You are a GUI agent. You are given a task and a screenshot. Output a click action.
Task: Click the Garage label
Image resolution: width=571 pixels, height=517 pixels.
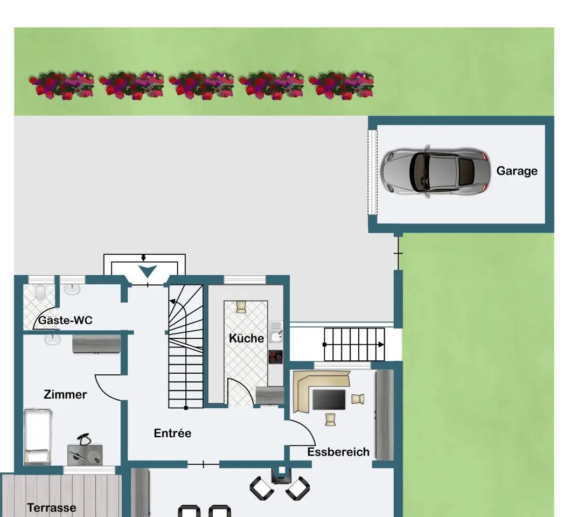tap(517, 171)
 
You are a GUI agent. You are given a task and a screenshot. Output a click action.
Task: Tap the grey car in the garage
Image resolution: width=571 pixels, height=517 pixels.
tap(435, 171)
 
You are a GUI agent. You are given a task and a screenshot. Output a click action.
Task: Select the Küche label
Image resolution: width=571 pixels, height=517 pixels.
tap(246, 338)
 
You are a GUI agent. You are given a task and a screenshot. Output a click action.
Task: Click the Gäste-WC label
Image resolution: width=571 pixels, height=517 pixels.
tap(65, 320)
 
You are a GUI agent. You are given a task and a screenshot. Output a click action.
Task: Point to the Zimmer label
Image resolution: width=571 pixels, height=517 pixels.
tap(65, 394)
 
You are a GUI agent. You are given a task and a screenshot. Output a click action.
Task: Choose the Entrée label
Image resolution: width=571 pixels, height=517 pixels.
tap(172, 433)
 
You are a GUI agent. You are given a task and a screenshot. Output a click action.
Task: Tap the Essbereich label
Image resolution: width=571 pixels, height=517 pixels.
tap(338, 452)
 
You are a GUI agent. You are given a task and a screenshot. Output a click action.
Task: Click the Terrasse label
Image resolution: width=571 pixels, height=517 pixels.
tap(52, 507)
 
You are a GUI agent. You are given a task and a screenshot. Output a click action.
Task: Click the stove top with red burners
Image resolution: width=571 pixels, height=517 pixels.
tap(276, 357)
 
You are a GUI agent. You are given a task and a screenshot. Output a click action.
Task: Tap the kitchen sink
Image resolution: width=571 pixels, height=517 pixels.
tap(276, 337)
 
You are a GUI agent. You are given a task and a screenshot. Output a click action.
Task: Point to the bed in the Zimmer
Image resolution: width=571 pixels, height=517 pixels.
tap(37, 437)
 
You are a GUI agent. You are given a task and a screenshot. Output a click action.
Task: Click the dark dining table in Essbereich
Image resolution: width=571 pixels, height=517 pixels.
tap(329, 400)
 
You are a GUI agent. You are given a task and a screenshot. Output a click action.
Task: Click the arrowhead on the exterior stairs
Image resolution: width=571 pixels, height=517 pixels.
tap(381, 345)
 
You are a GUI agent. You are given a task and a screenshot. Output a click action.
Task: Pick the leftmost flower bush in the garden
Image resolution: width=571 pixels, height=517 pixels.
tap(61, 85)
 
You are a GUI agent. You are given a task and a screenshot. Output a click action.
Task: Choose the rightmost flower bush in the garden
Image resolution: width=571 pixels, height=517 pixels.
tap(341, 85)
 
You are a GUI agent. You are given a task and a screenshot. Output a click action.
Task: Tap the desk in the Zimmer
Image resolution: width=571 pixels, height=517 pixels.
tap(85, 455)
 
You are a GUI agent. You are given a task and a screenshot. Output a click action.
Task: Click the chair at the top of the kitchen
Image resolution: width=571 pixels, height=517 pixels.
tap(241, 306)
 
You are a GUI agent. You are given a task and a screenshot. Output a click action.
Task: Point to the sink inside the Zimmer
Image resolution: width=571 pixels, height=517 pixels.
tap(52, 339)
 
